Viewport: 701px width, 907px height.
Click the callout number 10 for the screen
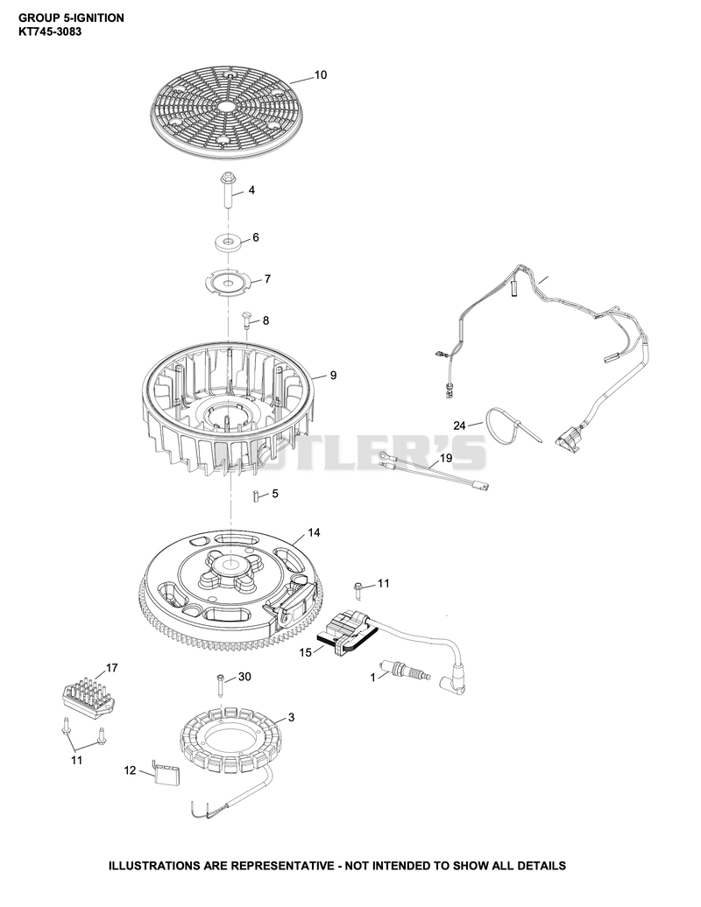pyautogui.click(x=321, y=74)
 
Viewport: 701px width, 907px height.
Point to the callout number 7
pyautogui.click(x=267, y=278)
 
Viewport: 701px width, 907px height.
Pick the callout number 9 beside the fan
pyautogui.click(x=333, y=376)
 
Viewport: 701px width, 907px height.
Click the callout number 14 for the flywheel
pyautogui.click(x=314, y=532)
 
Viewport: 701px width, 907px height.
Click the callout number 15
pyautogui.click(x=306, y=652)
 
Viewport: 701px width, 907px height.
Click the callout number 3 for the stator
pyautogui.click(x=291, y=717)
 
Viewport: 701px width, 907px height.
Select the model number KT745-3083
pyautogui.click(x=50, y=32)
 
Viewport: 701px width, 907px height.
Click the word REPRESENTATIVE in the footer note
pyautogui.click(x=281, y=866)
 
